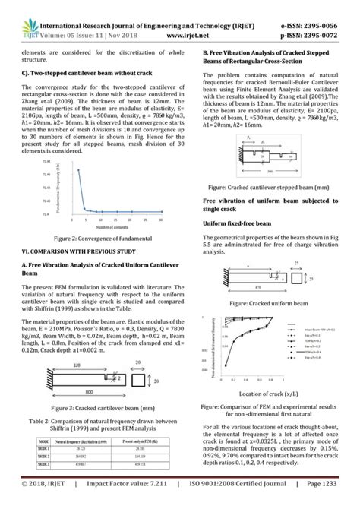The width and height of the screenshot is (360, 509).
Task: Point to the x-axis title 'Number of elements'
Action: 112,227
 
